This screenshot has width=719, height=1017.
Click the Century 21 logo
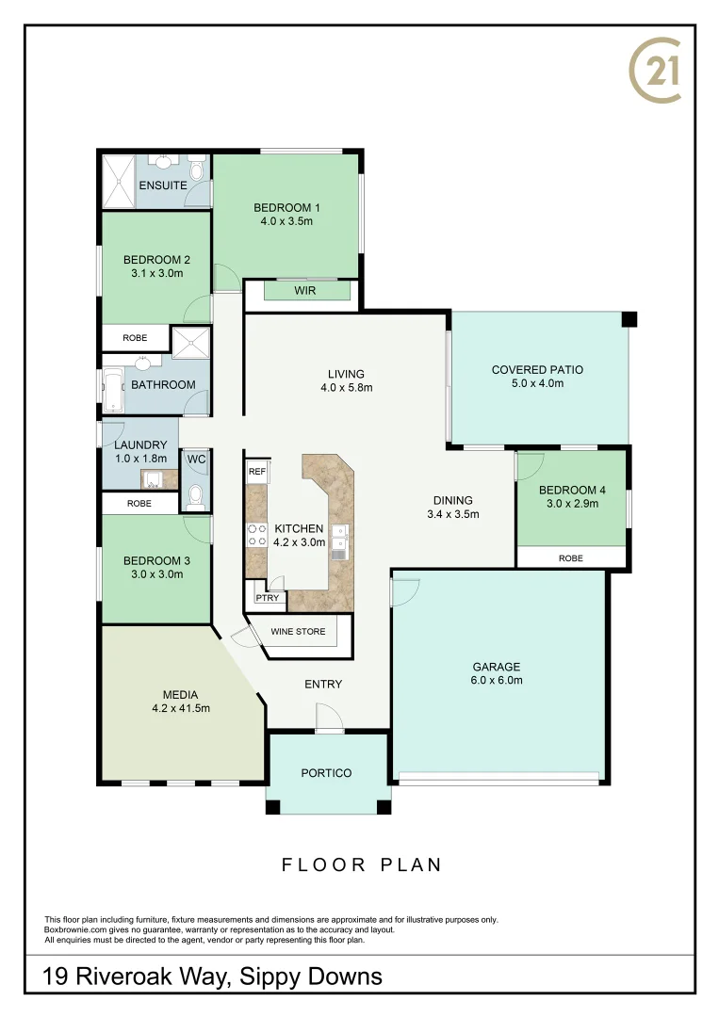[x=654, y=71]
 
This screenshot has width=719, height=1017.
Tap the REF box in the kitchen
[x=255, y=470]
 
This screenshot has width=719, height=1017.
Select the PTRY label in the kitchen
[x=267, y=597]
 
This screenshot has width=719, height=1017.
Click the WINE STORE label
[x=298, y=631]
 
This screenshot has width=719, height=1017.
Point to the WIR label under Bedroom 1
[x=304, y=291]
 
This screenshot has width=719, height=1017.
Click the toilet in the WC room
[x=196, y=495]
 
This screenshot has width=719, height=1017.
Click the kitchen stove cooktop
[x=255, y=535]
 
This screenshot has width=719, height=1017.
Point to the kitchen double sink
[x=341, y=541]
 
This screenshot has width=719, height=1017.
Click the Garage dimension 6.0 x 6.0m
[x=497, y=680]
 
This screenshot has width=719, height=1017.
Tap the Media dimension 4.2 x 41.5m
[x=180, y=708]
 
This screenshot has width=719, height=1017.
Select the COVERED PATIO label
[x=537, y=370]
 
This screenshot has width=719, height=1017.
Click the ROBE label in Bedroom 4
[x=570, y=558]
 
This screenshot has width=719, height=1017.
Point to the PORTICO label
[x=326, y=773]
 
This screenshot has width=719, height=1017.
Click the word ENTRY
[x=323, y=684]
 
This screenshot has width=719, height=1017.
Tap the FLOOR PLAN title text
[x=362, y=864]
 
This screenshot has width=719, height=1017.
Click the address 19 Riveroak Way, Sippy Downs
[x=213, y=977]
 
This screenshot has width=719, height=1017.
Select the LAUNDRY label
[x=140, y=445]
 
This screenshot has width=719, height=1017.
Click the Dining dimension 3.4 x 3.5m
[x=452, y=514]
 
